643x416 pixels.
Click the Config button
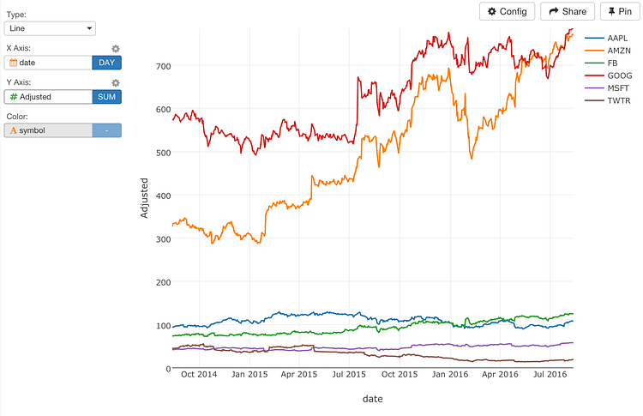pos(507,11)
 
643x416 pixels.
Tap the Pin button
pos(621,11)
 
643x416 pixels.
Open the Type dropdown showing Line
pos(51,28)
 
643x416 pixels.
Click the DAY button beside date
pos(106,63)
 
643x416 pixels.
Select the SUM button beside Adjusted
pos(106,97)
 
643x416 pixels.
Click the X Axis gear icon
pos(116,49)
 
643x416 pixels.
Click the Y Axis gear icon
pos(116,83)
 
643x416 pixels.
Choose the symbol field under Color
pos(48,130)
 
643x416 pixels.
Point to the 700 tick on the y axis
pos(163,66)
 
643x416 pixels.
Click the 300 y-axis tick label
pos(163,238)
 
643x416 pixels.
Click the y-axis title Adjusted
pos(145,197)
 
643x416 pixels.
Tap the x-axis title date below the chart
pos(372,399)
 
